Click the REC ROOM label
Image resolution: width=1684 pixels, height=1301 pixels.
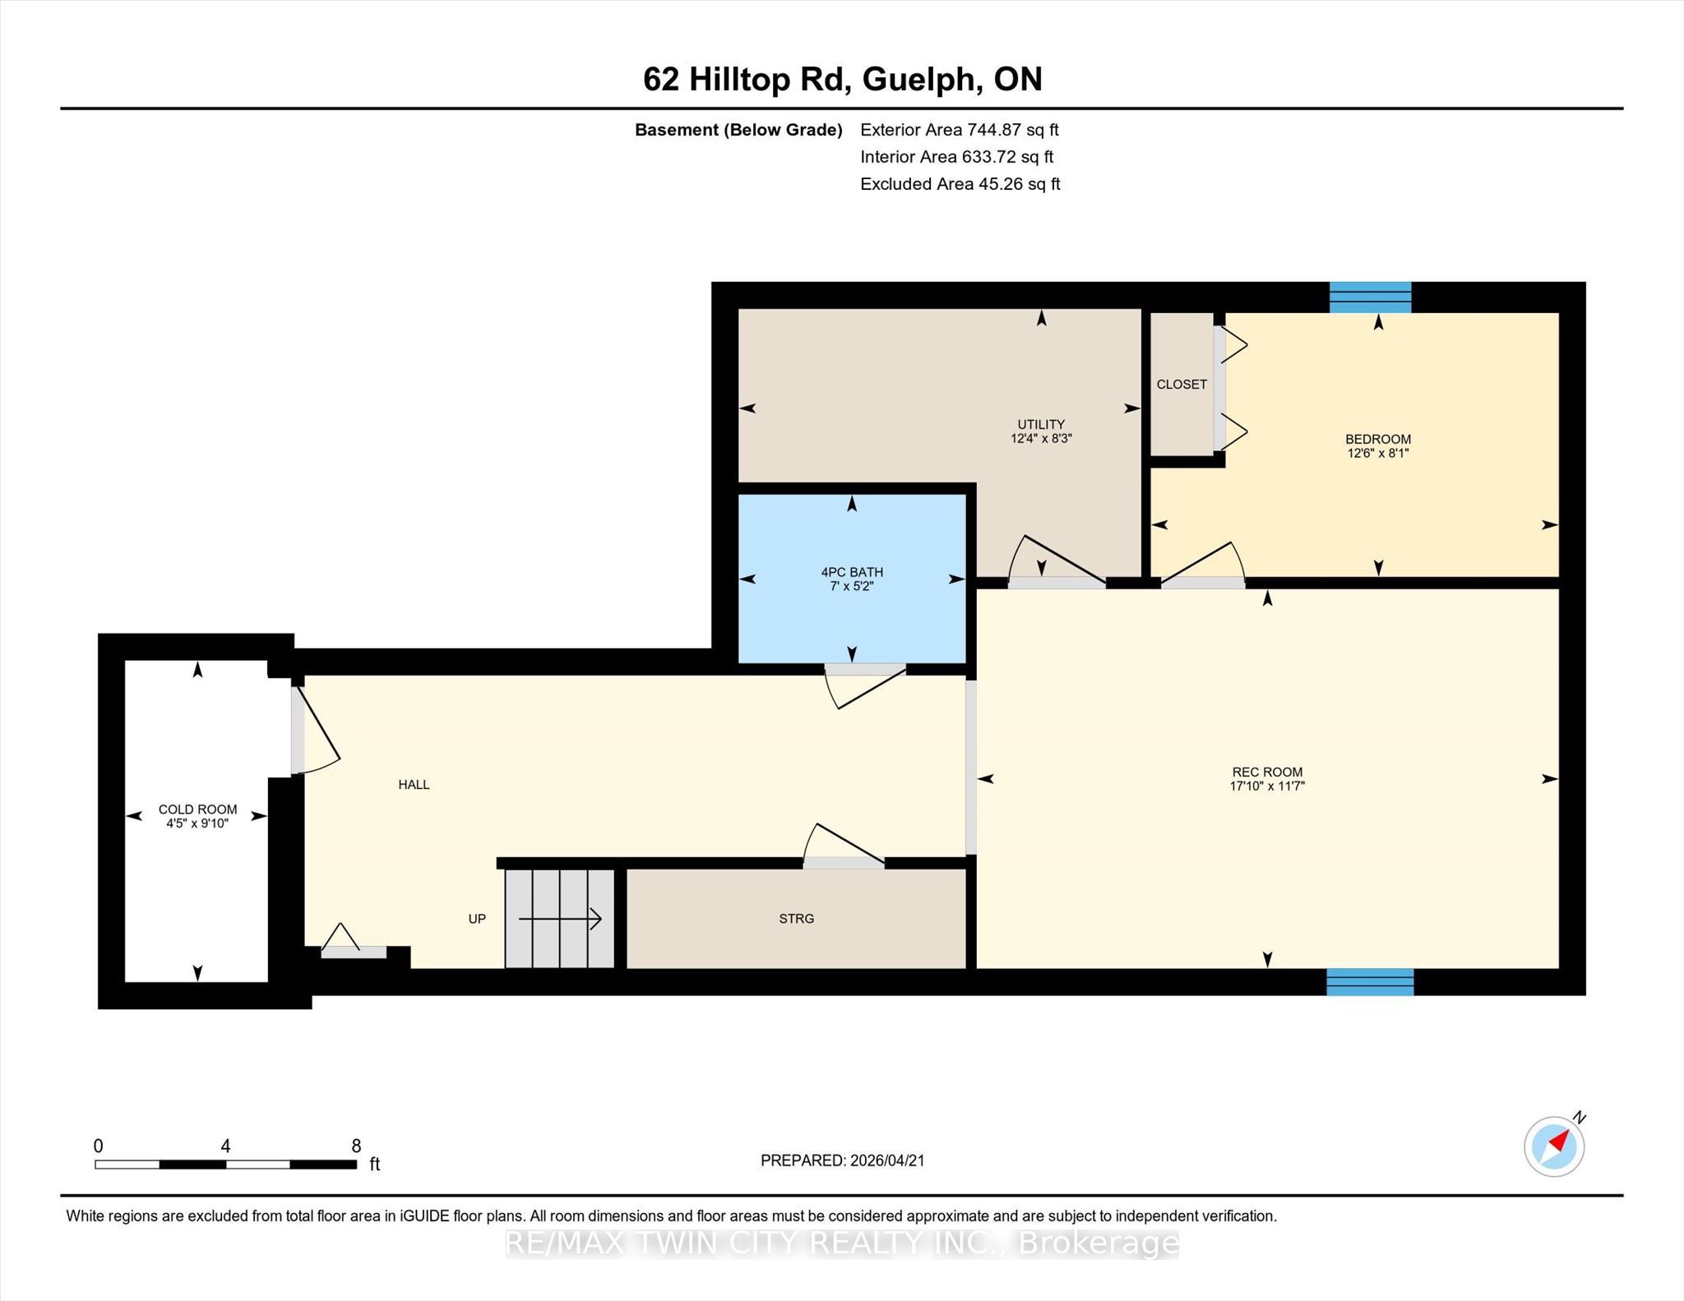tap(1267, 772)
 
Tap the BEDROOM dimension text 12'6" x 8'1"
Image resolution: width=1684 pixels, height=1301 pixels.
tap(1378, 453)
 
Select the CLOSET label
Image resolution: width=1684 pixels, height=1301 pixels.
tap(1182, 385)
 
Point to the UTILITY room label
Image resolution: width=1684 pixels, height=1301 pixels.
tap(1041, 424)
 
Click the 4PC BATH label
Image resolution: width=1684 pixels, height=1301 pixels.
tap(852, 572)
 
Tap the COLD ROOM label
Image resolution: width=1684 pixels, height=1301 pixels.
tap(197, 810)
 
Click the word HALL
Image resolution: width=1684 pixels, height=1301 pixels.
tap(414, 785)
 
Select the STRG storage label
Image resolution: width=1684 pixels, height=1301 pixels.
tap(796, 919)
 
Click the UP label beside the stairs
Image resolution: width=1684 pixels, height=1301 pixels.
tap(477, 919)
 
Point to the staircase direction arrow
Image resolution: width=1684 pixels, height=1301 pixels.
tap(560, 919)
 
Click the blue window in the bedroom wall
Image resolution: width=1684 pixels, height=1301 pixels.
tap(1371, 298)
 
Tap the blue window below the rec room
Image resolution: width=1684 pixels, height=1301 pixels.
tap(1370, 982)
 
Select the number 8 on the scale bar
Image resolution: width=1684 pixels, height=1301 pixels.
tap(356, 1146)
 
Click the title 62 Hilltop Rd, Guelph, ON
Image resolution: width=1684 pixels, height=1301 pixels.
tap(843, 80)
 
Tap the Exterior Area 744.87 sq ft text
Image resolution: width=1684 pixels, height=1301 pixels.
tap(960, 130)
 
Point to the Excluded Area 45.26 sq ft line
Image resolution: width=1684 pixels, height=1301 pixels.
tap(960, 184)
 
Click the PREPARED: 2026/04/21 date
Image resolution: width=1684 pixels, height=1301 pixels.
tap(843, 1160)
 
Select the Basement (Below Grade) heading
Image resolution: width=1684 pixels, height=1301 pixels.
tap(738, 130)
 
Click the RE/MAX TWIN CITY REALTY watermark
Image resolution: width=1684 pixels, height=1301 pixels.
tap(842, 1243)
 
